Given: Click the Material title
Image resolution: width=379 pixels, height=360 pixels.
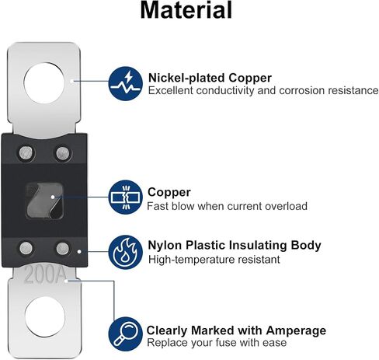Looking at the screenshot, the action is [x=186, y=10].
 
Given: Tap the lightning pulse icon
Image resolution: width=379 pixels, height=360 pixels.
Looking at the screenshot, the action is [x=126, y=83].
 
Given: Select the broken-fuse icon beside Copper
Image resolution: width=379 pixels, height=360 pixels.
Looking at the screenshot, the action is [x=126, y=197].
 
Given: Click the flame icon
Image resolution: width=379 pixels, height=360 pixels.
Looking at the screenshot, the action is [x=126, y=252].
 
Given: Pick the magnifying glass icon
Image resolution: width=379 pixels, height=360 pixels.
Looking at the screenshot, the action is [x=126, y=334].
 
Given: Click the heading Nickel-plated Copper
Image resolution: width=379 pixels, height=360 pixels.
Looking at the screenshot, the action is [x=210, y=78].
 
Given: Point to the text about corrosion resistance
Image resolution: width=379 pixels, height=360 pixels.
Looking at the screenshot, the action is [x=263, y=90].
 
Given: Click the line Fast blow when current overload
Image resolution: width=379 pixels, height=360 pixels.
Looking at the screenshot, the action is [x=227, y=206].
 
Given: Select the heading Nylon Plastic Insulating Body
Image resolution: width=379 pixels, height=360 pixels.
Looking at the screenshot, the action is [x=235, y=245].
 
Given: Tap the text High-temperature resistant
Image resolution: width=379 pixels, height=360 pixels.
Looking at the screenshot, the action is [x=214, y=260].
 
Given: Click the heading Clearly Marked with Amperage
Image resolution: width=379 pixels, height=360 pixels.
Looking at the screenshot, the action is [x=236, y=330].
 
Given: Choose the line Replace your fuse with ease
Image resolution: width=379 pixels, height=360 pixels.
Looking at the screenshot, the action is [x=217, y=343].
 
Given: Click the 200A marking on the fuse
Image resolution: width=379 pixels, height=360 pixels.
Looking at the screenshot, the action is [x=45, y=275].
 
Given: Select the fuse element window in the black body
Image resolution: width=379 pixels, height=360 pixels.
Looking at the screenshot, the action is [x=44, y=201].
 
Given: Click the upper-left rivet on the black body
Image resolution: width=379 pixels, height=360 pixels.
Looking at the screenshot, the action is [x=26, y=153].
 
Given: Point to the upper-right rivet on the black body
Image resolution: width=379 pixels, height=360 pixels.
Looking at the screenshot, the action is [x=63, y=153].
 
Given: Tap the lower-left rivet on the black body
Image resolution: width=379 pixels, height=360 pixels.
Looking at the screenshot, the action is [x=26, y=248].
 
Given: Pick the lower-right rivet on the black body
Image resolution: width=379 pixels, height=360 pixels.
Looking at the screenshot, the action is [x=63, y=248].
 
